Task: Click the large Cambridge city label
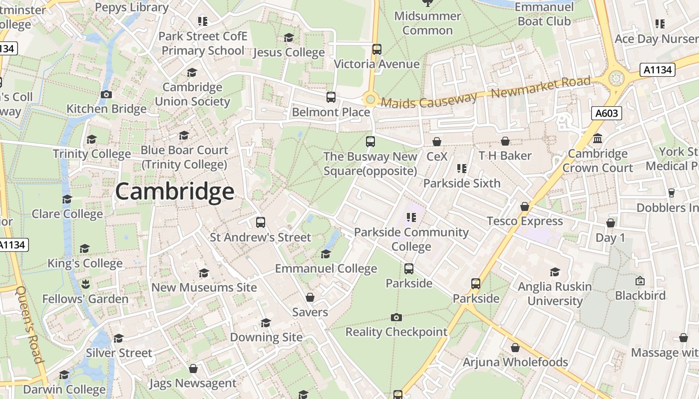(174, 192)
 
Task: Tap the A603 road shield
(607, 113)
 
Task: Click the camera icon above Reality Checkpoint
(396, 317)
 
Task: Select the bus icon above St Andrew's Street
(260, 222)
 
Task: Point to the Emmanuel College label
(326, 269)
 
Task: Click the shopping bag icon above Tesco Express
(525, 206)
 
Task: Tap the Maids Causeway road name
(429, 100)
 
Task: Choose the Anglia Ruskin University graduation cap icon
(555, 272)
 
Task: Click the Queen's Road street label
(30, 324)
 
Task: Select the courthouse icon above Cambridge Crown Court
(598, 139)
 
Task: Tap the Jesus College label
(289, 52)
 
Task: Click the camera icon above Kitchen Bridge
(106, 94)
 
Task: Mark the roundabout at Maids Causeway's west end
(370, 99)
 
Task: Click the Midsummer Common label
(427, 23)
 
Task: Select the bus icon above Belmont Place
(331, 97)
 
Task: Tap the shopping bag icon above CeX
(437, 142)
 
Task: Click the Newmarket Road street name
(541, 87)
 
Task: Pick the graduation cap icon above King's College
(85, 248)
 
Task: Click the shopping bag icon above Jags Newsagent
(193, 369)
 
